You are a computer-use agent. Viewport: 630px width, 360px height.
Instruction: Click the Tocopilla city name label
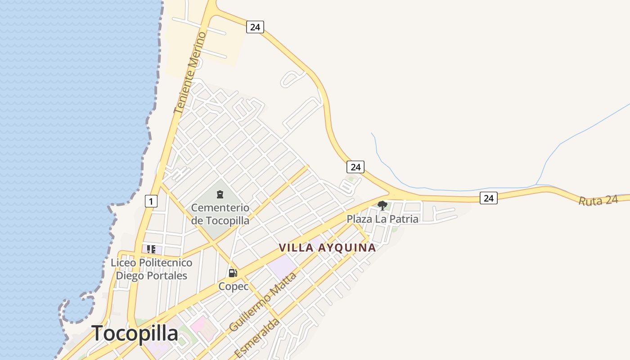tap(135, 333)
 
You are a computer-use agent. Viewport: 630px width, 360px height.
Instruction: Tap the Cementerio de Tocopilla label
tap(220, 214)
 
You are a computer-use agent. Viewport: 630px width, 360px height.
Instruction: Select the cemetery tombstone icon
tap(220, 194)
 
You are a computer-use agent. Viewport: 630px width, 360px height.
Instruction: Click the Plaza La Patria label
tap(382, 219)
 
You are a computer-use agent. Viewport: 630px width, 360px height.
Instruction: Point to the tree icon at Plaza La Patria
tap(382, 206)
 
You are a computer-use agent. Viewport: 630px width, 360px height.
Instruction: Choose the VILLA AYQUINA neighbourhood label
tap(327, 247)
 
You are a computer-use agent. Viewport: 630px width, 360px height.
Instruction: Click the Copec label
tap(234, 286)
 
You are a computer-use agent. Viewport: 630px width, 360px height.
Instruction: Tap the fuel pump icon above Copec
tap(233, 273)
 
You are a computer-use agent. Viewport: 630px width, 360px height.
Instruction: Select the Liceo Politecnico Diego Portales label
tap(152, 269)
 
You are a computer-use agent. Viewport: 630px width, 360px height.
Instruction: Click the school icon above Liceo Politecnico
tap(151, 249)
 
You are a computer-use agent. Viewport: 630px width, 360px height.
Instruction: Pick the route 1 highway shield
tap(151, 201)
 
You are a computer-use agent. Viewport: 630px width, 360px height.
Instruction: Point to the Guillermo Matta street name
tap(263, 302)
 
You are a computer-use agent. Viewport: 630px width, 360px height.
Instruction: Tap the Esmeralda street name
tap(257, 338)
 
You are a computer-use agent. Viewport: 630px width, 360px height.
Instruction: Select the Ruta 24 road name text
tap(598, 201)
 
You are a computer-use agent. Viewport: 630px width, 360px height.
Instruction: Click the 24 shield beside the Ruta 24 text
tap(488, 198)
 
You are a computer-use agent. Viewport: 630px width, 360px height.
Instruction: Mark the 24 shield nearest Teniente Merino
tap(255, 27)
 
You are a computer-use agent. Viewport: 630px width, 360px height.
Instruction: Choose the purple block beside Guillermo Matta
tap(283, 265)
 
